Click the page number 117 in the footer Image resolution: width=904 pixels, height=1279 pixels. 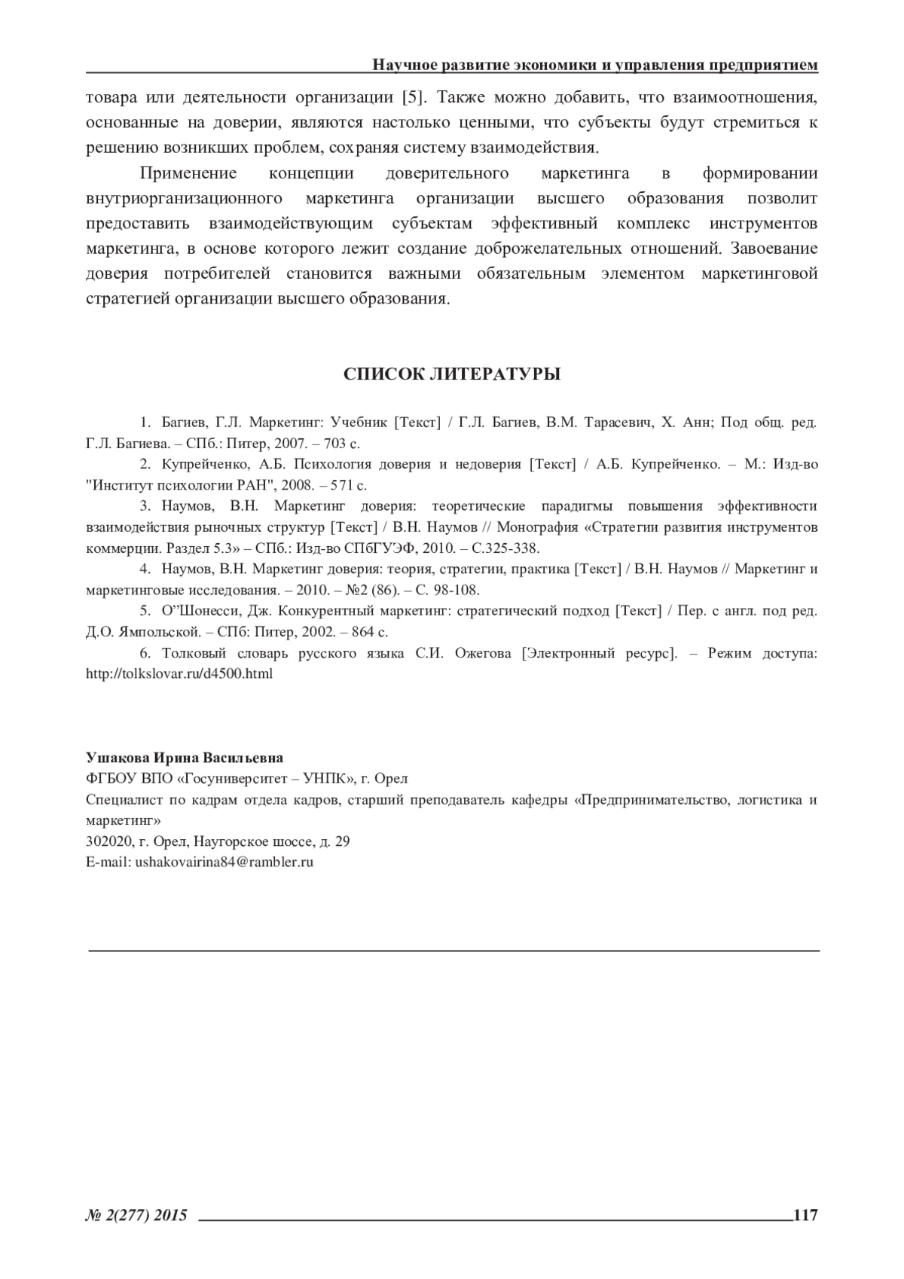click(x=805, y=1215)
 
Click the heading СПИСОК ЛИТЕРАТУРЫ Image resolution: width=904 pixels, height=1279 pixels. click(x=452, y=374)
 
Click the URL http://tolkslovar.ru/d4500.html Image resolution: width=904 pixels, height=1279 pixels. click(x=179, y=673)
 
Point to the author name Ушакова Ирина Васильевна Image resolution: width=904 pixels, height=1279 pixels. click(x=185, y=757)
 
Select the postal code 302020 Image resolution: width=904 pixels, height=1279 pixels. click(x=106, y=841)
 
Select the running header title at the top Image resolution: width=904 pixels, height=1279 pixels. click(x=595, y=66)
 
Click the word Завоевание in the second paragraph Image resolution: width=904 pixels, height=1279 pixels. click(x=775, y=249)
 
